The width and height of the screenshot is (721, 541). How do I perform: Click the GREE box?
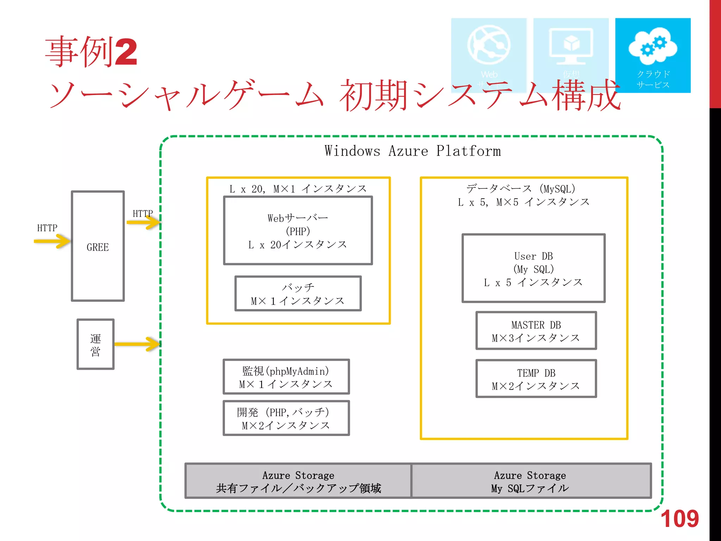click(x=98, y=246)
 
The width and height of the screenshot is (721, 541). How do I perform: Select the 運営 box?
click(x=95, y=344)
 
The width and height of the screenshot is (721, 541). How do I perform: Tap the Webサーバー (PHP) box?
click(x=298, y=231)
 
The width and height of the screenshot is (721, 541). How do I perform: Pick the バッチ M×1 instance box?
click(x=298, y=294)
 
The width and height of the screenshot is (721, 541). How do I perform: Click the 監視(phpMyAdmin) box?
click(x=286, y=377)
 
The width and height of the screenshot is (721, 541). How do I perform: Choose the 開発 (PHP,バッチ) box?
click(x=286, y=418)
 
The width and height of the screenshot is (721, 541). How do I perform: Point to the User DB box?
click(x=533, y=268)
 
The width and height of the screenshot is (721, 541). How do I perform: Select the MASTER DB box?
click(x=536, y=331)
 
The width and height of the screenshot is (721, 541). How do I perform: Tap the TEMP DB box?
click(x=536, y=379)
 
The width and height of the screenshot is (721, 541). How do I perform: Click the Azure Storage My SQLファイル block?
click(x=531, y=481)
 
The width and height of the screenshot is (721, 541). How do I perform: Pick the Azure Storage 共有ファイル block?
click(x=298, y=481)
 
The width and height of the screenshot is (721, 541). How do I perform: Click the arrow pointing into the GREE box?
click(x=53, y=241)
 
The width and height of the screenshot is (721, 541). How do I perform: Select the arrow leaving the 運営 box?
click(x=137, y=344)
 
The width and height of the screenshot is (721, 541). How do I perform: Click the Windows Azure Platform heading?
click(x=412, y=151)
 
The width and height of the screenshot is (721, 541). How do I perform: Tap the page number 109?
click(x=679, y=519)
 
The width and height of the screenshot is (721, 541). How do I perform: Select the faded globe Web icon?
click(x=489, y=45)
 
